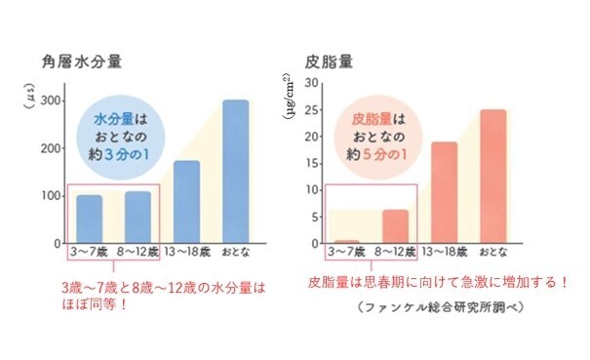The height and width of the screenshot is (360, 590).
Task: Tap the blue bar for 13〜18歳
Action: pyautogui.click(x=186, y=202)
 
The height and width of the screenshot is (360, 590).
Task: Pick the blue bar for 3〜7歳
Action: pyautogui.click(x=89, y=220)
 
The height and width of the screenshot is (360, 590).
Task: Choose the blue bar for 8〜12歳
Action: pyautogui.click(x=138, y=218)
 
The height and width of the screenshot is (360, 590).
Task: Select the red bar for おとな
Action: pyautogui.click(x=493, y=177)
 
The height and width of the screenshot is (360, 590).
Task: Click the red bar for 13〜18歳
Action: pyautogui.click(x=444, y=193)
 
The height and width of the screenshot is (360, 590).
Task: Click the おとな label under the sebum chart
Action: pyautogui.click(x=493, y=252)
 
